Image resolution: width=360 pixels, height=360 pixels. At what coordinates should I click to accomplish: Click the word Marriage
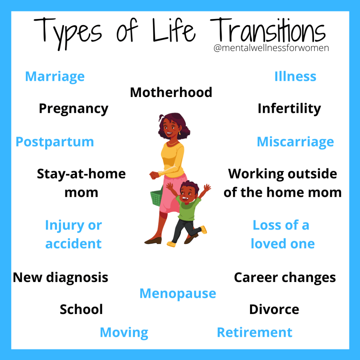point(55,77)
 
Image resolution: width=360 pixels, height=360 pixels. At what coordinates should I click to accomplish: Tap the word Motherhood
point(171,92)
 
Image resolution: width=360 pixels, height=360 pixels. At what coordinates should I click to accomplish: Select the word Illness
point(295,77)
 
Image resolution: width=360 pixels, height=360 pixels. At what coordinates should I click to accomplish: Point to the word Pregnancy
point(73,109)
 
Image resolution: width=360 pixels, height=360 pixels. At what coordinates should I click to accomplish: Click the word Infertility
point(289,109)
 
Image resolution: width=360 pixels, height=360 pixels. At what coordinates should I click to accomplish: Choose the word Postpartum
point(55,142)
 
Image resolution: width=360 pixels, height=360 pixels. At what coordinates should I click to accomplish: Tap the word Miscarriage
point(295,142)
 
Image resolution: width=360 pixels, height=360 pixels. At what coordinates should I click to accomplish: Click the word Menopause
point(178,294)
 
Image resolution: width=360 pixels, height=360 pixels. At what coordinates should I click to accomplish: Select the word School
point(81,310)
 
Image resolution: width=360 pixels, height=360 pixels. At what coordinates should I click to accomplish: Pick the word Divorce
point(274,310)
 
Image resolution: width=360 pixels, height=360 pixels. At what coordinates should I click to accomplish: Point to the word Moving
point(124,333)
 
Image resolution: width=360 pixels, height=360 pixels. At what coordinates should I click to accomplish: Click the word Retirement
point(255,333)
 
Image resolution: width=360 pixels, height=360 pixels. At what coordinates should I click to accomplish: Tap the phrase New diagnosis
point(60,278)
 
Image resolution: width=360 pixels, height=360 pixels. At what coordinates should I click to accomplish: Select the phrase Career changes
point(285,278)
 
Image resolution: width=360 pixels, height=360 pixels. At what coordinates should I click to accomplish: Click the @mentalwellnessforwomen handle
point(271,48)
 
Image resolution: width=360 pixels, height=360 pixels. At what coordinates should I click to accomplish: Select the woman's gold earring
point(179,134)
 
